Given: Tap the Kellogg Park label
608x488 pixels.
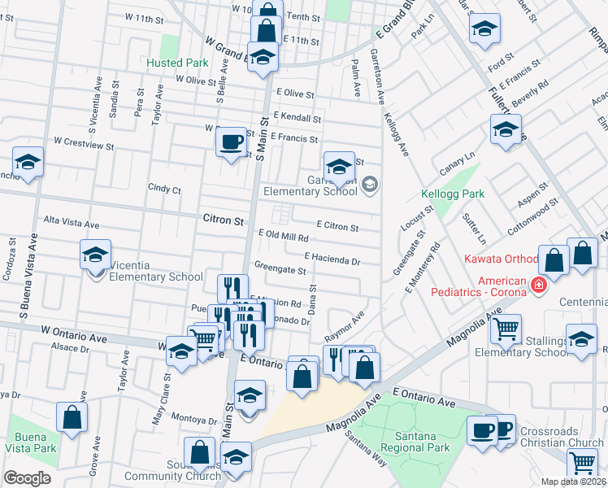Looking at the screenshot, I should coord(453,194).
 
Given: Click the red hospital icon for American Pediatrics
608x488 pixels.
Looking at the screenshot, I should coord(537,285).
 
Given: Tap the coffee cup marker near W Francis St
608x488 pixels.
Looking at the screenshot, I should coord(231,142).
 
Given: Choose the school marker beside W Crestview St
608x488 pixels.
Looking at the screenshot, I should coord(28,163).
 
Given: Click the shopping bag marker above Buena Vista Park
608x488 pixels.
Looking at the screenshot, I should coord(72,416).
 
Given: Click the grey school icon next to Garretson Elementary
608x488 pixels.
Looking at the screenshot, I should coord(370,185).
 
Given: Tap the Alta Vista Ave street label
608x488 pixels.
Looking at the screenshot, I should coord(71,223).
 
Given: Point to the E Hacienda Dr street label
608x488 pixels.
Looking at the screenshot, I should coord(332,259).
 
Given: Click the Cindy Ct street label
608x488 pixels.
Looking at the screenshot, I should coord(163,189).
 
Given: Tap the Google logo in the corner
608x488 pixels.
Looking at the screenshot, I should coord(27,478).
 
